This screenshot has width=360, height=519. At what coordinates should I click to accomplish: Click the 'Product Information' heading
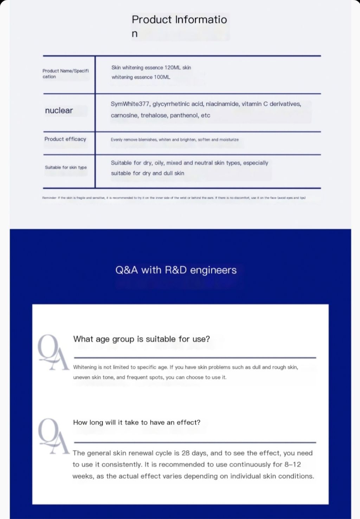click(x=179, y=20)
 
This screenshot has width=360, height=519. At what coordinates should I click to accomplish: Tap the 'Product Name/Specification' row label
click(x=65, y=74)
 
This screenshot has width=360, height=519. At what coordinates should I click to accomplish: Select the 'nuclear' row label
click(x=59, y=110)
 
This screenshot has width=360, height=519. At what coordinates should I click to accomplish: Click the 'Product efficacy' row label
click(x=65, y=139)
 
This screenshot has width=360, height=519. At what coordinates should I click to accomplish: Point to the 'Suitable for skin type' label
click(x=66, y=167)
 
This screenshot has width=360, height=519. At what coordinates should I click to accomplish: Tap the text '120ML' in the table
click(x=173, y=68)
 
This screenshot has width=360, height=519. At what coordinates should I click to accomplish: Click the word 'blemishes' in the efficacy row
click(x=148, y=140)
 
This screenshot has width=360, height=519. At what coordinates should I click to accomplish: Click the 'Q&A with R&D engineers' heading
click(x=176, y=270)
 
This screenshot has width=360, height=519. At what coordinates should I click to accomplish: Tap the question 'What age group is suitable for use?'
click(x=141, y=339)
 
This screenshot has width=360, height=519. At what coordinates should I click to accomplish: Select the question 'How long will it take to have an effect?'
click(x=136, y=422)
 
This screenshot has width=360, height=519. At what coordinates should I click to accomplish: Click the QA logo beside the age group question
click(x=53, y=352)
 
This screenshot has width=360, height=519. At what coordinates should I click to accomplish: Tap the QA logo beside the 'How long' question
click(x=53, y=436)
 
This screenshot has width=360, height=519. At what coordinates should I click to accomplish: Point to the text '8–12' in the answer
click(x=292, y=464)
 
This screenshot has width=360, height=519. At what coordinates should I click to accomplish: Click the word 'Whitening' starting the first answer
click(x=85, y=367)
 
